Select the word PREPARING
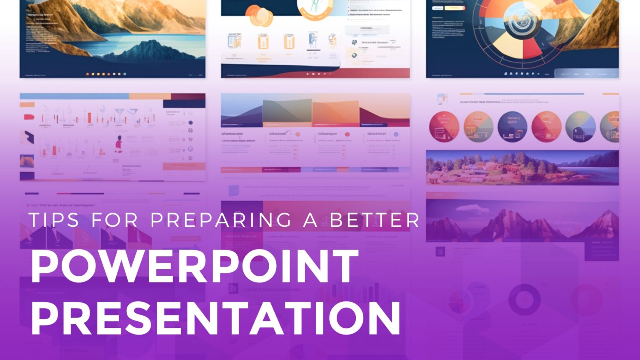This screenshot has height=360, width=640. [x=221, y=220]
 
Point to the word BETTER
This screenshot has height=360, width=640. [x=374, y=220]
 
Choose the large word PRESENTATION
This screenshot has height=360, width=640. [x=215, y=318]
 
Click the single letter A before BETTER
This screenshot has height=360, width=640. [x=310, y=220]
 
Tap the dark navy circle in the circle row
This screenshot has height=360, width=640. [x=512, y=127]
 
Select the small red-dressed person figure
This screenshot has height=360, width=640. [x=119, y=144]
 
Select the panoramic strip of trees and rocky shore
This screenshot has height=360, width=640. [x=522, y=167]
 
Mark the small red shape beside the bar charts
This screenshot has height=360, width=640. [x=29, y=117]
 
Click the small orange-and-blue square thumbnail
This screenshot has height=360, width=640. [x=27, y=161]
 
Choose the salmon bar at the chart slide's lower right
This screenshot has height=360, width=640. [x=183, y=166]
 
